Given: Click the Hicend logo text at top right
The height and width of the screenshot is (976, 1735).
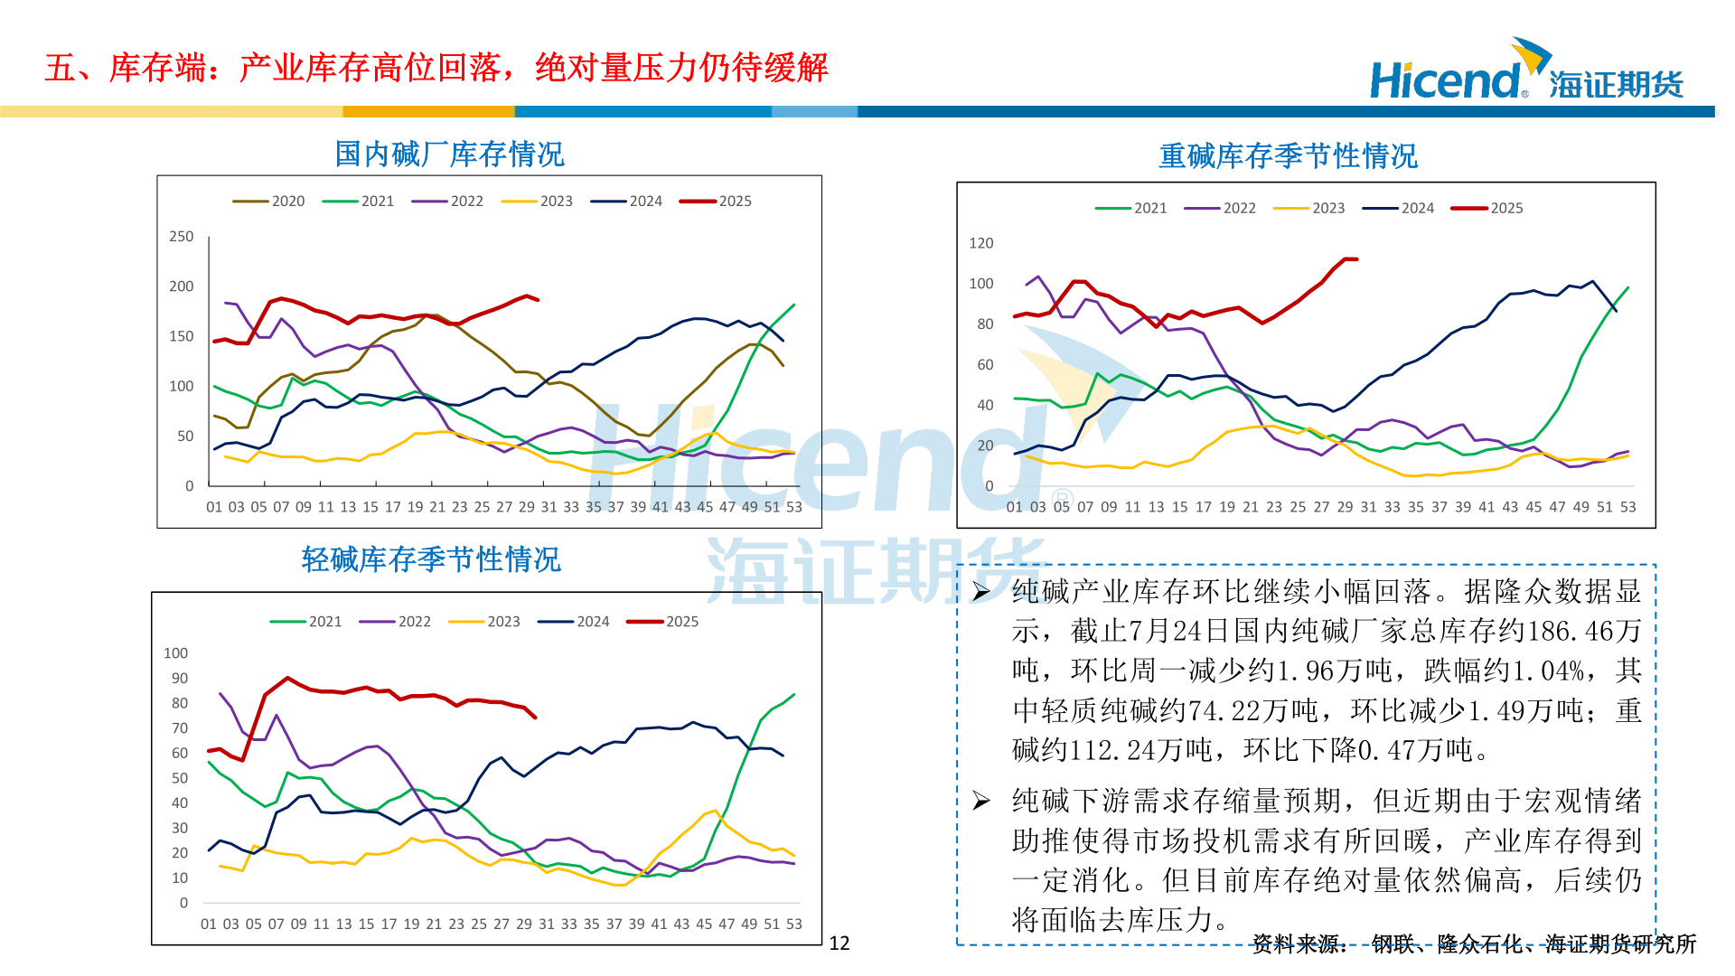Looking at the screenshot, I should coord(1446,81).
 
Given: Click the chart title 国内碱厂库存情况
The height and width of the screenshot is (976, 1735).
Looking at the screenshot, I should coord(449,155).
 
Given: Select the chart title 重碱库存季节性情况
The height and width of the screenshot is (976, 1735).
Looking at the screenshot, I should coord(1288,156).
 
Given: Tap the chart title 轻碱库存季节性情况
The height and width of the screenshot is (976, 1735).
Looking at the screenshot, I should coord(431,559).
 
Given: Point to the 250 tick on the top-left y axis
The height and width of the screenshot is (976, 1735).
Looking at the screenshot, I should coord(182,237).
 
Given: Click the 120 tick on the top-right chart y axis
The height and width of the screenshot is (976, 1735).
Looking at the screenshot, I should coord(980,243).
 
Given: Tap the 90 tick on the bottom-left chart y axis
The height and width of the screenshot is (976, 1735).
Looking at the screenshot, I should coord(180,678).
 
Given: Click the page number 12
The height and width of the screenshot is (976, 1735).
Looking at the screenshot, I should coord(839,943).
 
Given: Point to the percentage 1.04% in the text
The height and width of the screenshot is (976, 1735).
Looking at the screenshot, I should coord(1548,671).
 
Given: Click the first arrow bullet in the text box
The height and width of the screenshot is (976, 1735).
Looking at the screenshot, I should coord(981,592).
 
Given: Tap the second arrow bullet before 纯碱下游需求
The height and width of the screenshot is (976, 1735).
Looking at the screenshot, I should coord(981,801).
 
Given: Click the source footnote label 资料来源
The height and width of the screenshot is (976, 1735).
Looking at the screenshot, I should coord(1299,944).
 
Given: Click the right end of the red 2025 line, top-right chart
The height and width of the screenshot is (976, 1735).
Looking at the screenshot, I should coord(1356,259).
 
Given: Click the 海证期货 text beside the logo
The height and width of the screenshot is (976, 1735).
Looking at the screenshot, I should coord(1616,85).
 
